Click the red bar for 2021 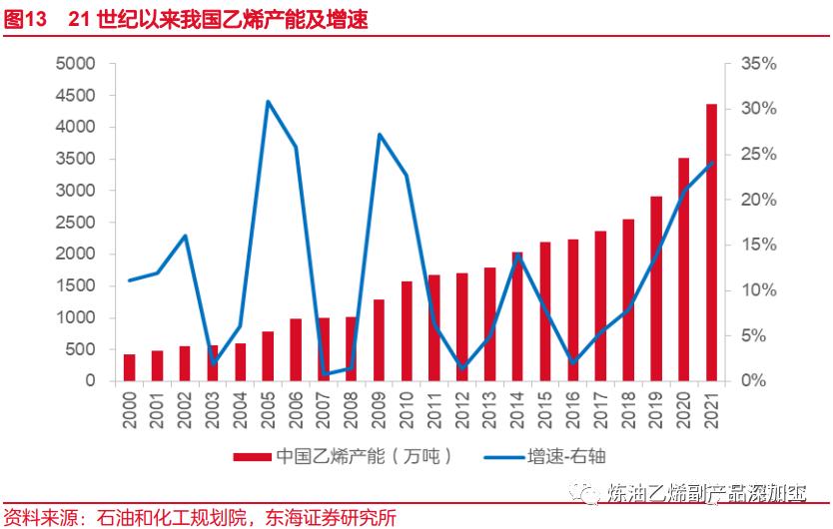point(711,243)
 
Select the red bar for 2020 point(683,269)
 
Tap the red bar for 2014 point(517,316)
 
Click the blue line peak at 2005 point(268,101)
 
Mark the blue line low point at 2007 point(324,374)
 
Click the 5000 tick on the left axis point(76,64)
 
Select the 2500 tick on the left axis point(76,223)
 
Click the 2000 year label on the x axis point(130,410)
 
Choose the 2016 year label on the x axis point(573,410)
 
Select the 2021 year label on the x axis point(711,410)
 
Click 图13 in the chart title point(24,19)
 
